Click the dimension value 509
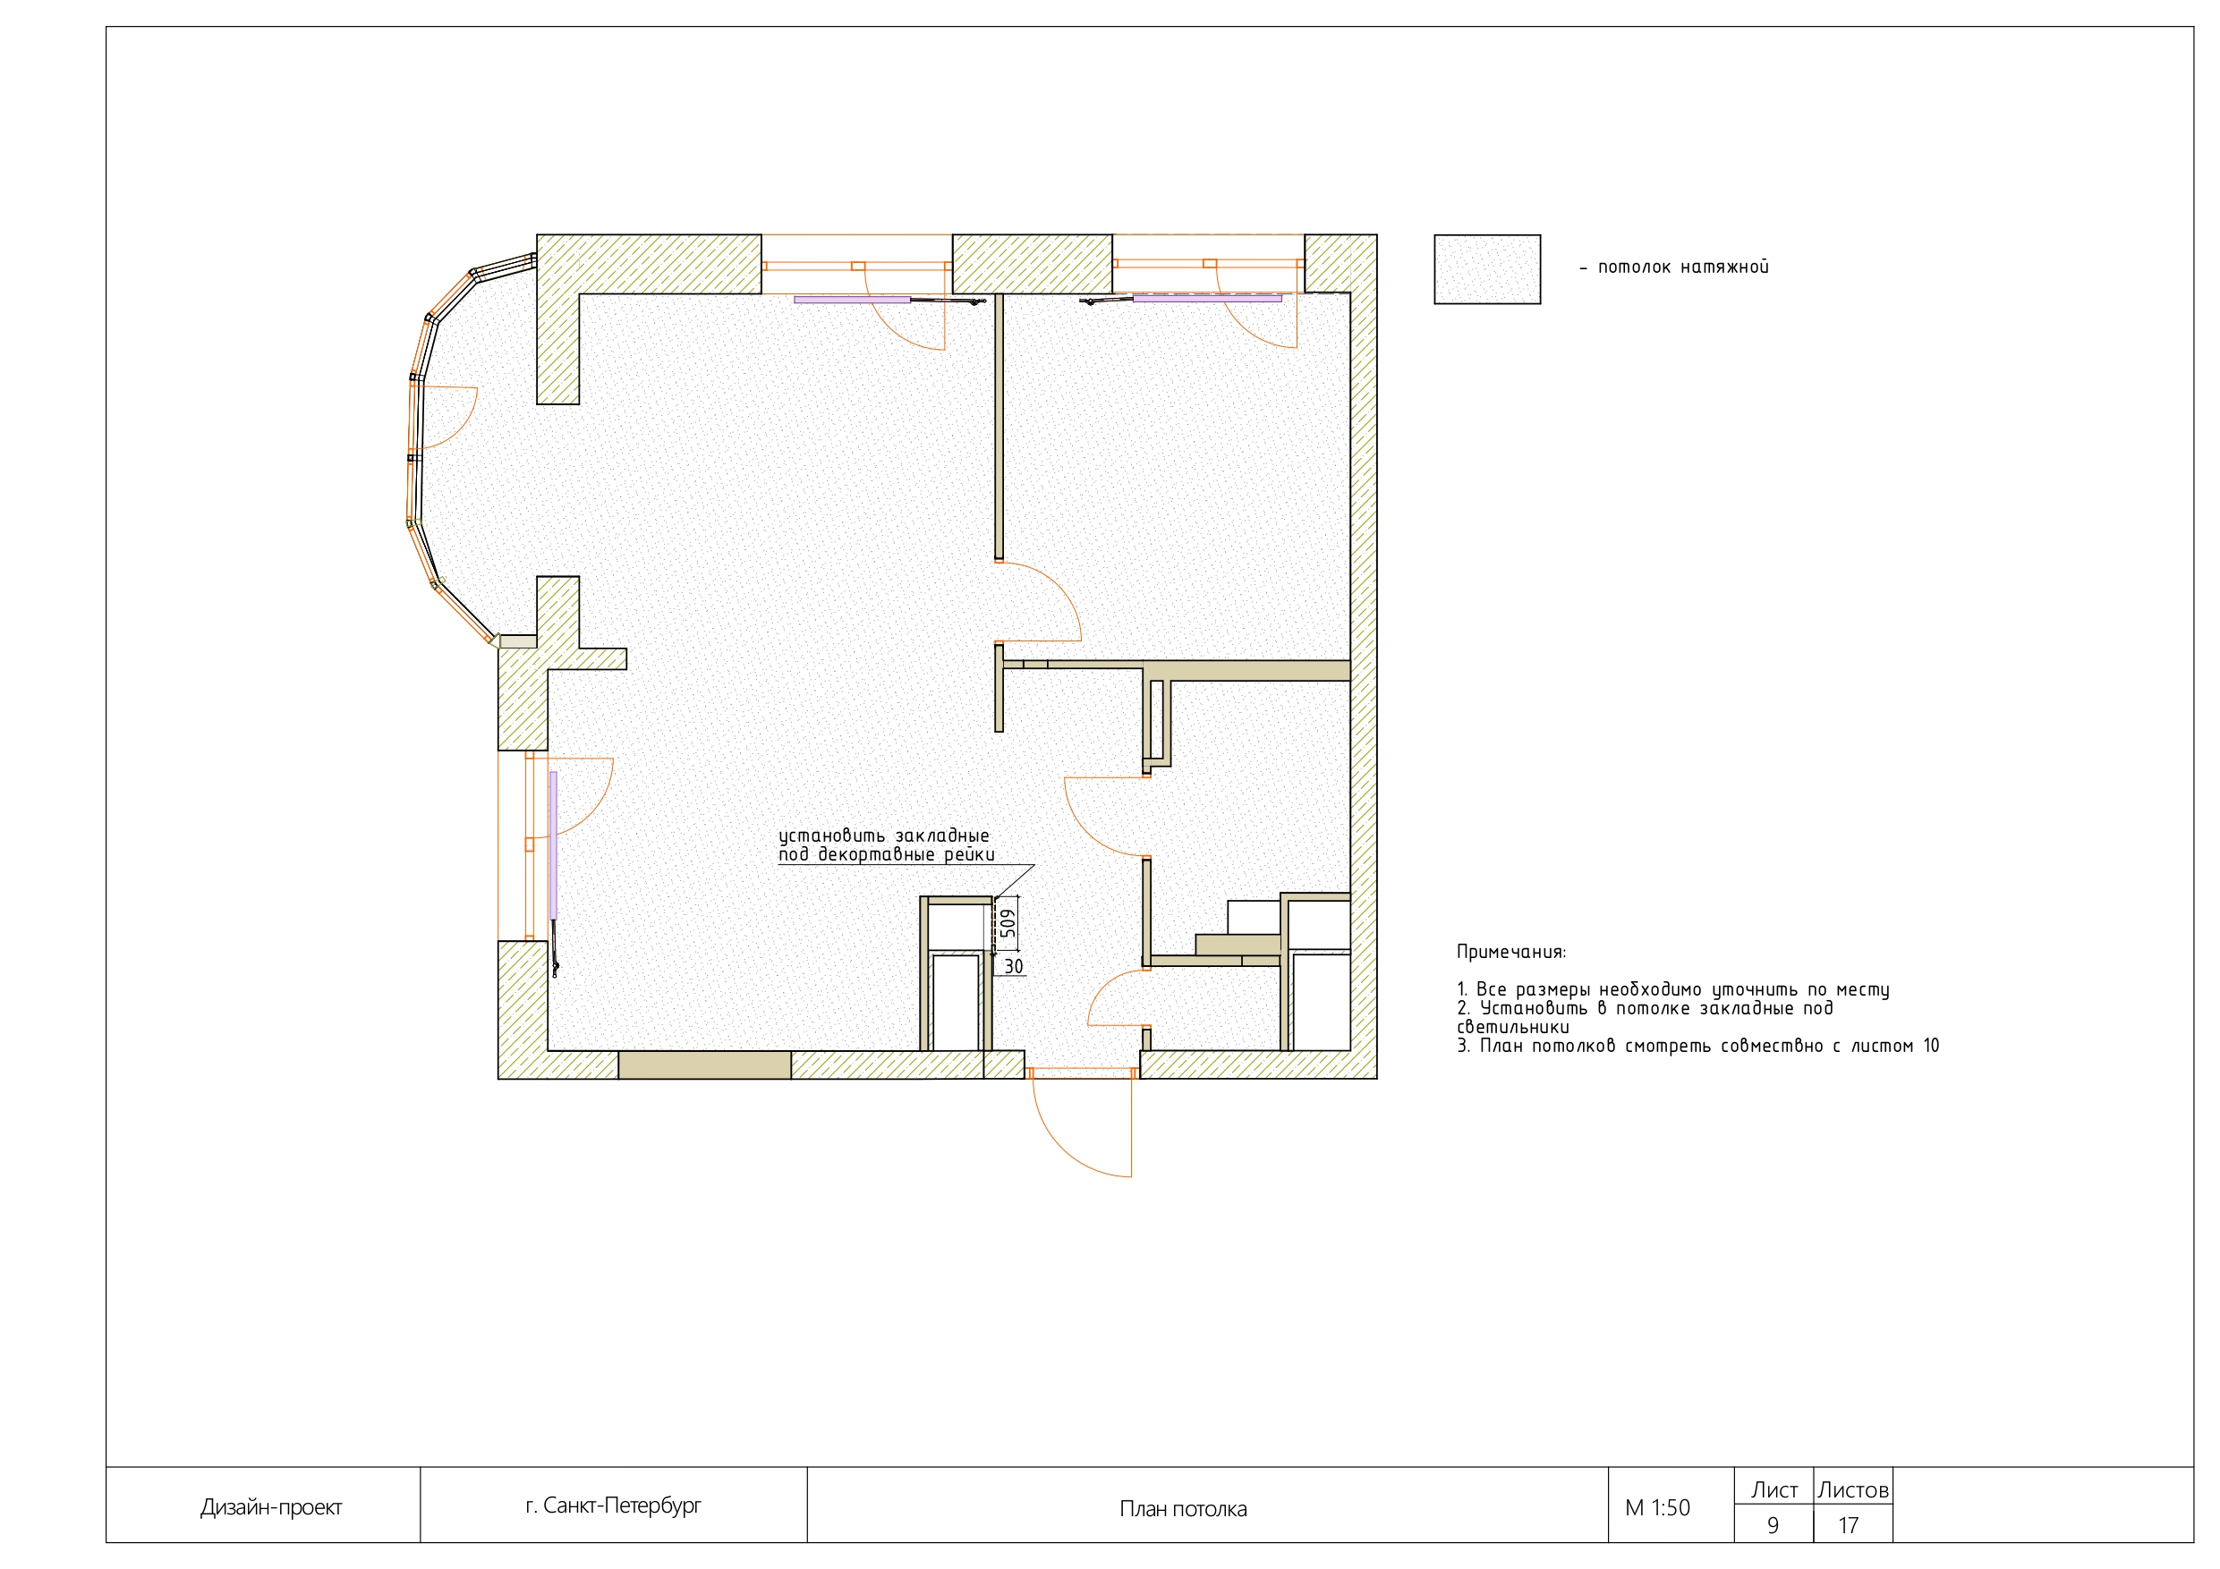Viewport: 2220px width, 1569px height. click(x=1008, y=923)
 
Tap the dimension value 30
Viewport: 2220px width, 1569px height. click(x=1012, y=966)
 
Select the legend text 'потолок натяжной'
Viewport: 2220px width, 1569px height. click(x=1682, y=267)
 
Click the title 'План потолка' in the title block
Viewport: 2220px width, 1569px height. click(x=1183, y=1508)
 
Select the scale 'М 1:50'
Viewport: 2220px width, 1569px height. click(x=1657, y=1507)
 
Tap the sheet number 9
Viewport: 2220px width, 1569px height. click(x=1773, y=1524)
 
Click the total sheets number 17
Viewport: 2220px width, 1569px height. click(x=1848, y=1524)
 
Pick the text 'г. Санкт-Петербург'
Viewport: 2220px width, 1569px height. click(x=613, y=1505)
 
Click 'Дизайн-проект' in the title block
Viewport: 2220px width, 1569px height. click(x=271, y=1507)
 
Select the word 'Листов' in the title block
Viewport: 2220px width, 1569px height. click(x=1852, y=1489)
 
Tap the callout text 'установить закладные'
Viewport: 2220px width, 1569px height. click(x=884, y=835)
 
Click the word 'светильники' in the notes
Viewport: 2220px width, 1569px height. click(x=1513, y=1027)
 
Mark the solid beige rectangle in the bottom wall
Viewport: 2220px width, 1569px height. click(x=704, y=1064)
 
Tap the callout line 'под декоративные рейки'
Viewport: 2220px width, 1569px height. click(x=886, y=854)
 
